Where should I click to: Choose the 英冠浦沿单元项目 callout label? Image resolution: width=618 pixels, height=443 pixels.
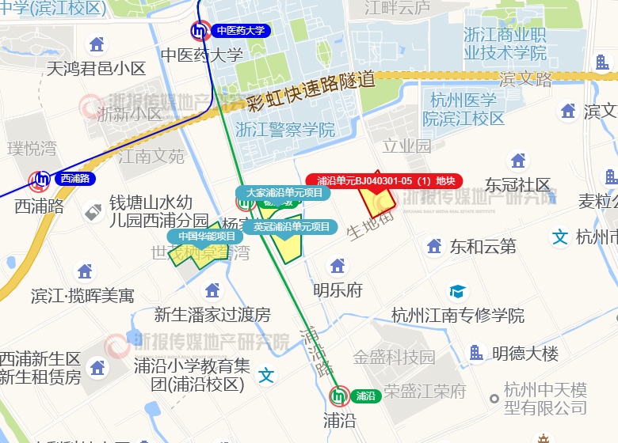[x=291, y=227]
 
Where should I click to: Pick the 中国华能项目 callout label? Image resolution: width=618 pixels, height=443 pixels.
[x=206, y=236]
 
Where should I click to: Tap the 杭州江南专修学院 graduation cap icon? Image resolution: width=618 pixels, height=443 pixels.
[x=458, y=292]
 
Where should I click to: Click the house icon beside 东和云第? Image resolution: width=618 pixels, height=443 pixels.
[x=434, y=246]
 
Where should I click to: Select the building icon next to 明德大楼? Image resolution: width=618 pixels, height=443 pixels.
[x=476, y=353]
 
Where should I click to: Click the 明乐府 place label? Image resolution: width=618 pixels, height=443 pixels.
[x=338, y=290]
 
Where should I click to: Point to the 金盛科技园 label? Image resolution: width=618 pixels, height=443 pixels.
[x=394, y=357]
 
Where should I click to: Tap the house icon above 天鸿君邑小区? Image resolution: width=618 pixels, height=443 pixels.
[x=97, y=44]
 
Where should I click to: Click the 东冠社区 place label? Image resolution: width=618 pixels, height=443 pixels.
[x=518, y=184]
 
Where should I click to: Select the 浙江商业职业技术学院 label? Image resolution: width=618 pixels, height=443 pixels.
[x=505, y=44]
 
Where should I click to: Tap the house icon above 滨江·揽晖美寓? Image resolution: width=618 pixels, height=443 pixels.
[x=83, y=271]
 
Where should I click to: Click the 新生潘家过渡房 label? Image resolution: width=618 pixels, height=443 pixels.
[x=212, y=315]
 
